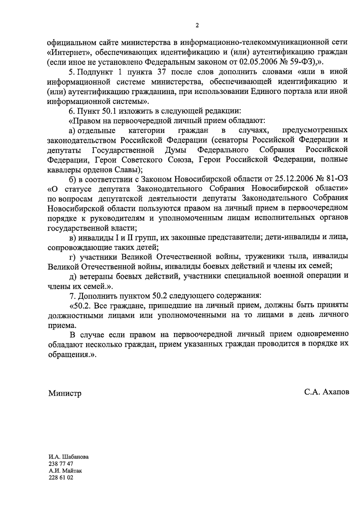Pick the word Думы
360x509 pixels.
(176, 150)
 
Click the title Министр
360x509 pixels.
(65, 393)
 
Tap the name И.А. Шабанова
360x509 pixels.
(69, 457)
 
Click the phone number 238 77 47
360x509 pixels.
(61, 464)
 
